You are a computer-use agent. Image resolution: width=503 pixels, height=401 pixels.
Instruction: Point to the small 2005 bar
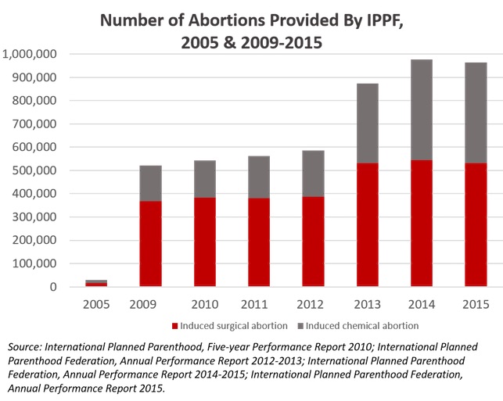pyautogui.click(x=96, y=283)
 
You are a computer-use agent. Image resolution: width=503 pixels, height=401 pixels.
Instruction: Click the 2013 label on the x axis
pyautogui.click(x=368, y=303)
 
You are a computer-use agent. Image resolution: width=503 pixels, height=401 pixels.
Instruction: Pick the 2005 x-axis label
pyautogui.click(x=96, y=303)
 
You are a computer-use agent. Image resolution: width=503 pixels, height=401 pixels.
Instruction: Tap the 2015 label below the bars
pyautogui.click(x=476, y=303)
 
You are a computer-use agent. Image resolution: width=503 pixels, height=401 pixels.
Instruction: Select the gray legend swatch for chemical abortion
pyautogui.click(x=300, y=325)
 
